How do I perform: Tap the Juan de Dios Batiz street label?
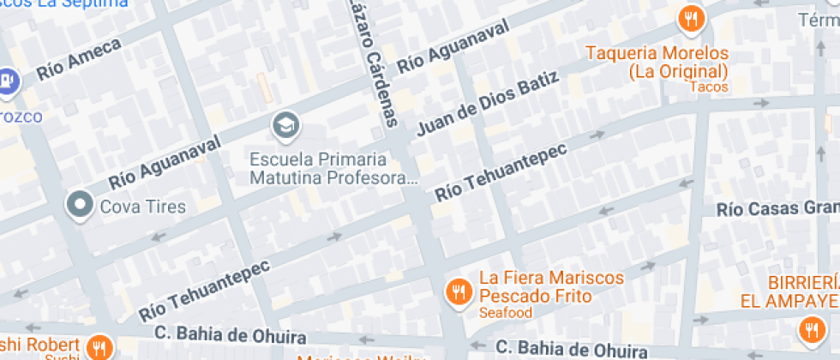(x=488, y=105)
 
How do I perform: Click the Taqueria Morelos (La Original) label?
(x=657, y=62)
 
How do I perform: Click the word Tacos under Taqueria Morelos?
(x=708, y=87)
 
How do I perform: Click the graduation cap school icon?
(x=285, y=127)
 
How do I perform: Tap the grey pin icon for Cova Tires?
(x=81, y=205)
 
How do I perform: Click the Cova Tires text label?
(x=142, y=206)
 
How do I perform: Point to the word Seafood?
(x=506, y=313)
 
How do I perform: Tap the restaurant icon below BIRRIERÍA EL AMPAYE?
(x=809, y=330)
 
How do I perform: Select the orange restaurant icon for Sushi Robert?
(x=100, y=347)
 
